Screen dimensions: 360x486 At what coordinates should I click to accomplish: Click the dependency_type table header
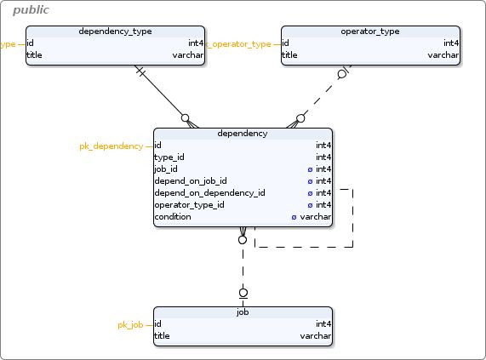pos(115,31)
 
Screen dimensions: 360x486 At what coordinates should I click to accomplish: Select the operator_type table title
pos(370,31)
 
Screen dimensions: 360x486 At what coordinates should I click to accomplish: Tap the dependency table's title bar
pos(243,134)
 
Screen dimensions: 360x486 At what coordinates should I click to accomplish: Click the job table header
pos(243,312)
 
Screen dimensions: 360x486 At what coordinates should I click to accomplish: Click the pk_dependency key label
pos(111,146)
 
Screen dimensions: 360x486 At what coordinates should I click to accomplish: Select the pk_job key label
pos(130,325)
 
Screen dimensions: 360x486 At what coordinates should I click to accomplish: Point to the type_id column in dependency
pos(169,157)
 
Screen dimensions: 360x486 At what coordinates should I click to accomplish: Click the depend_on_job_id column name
pos(190,181)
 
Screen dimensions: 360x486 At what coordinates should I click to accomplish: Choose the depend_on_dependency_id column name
pos(209,193)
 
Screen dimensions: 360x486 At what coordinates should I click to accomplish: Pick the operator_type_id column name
pos(189,205)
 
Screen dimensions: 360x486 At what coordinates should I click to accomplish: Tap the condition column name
pos(172,217)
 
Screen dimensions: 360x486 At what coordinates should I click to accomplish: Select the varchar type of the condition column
pos(316,217)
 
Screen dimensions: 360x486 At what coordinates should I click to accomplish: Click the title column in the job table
pos(162,336)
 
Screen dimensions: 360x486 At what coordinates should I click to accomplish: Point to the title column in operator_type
pos(289,55)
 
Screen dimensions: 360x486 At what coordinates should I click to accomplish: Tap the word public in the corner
pos(31,10)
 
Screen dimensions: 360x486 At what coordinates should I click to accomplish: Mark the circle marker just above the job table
pos(243,293)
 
